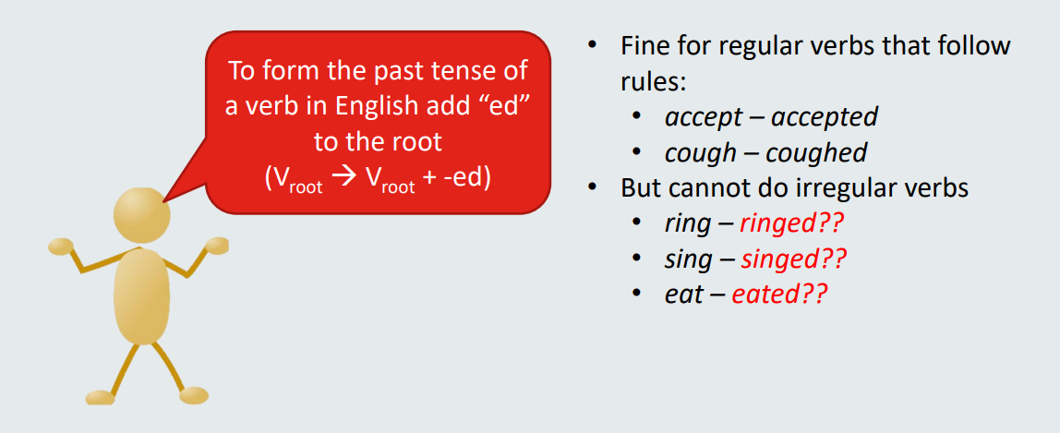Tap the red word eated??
[779, 295]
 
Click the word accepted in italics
[824, 118]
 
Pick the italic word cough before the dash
[700, 153]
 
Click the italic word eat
[683, 295]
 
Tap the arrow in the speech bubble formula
[343, 180]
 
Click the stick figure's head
[142, 215]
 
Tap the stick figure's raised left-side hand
[61, 246]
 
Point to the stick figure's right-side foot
[193, 395]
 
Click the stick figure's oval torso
[142, 295]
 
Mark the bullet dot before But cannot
[592, 186]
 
